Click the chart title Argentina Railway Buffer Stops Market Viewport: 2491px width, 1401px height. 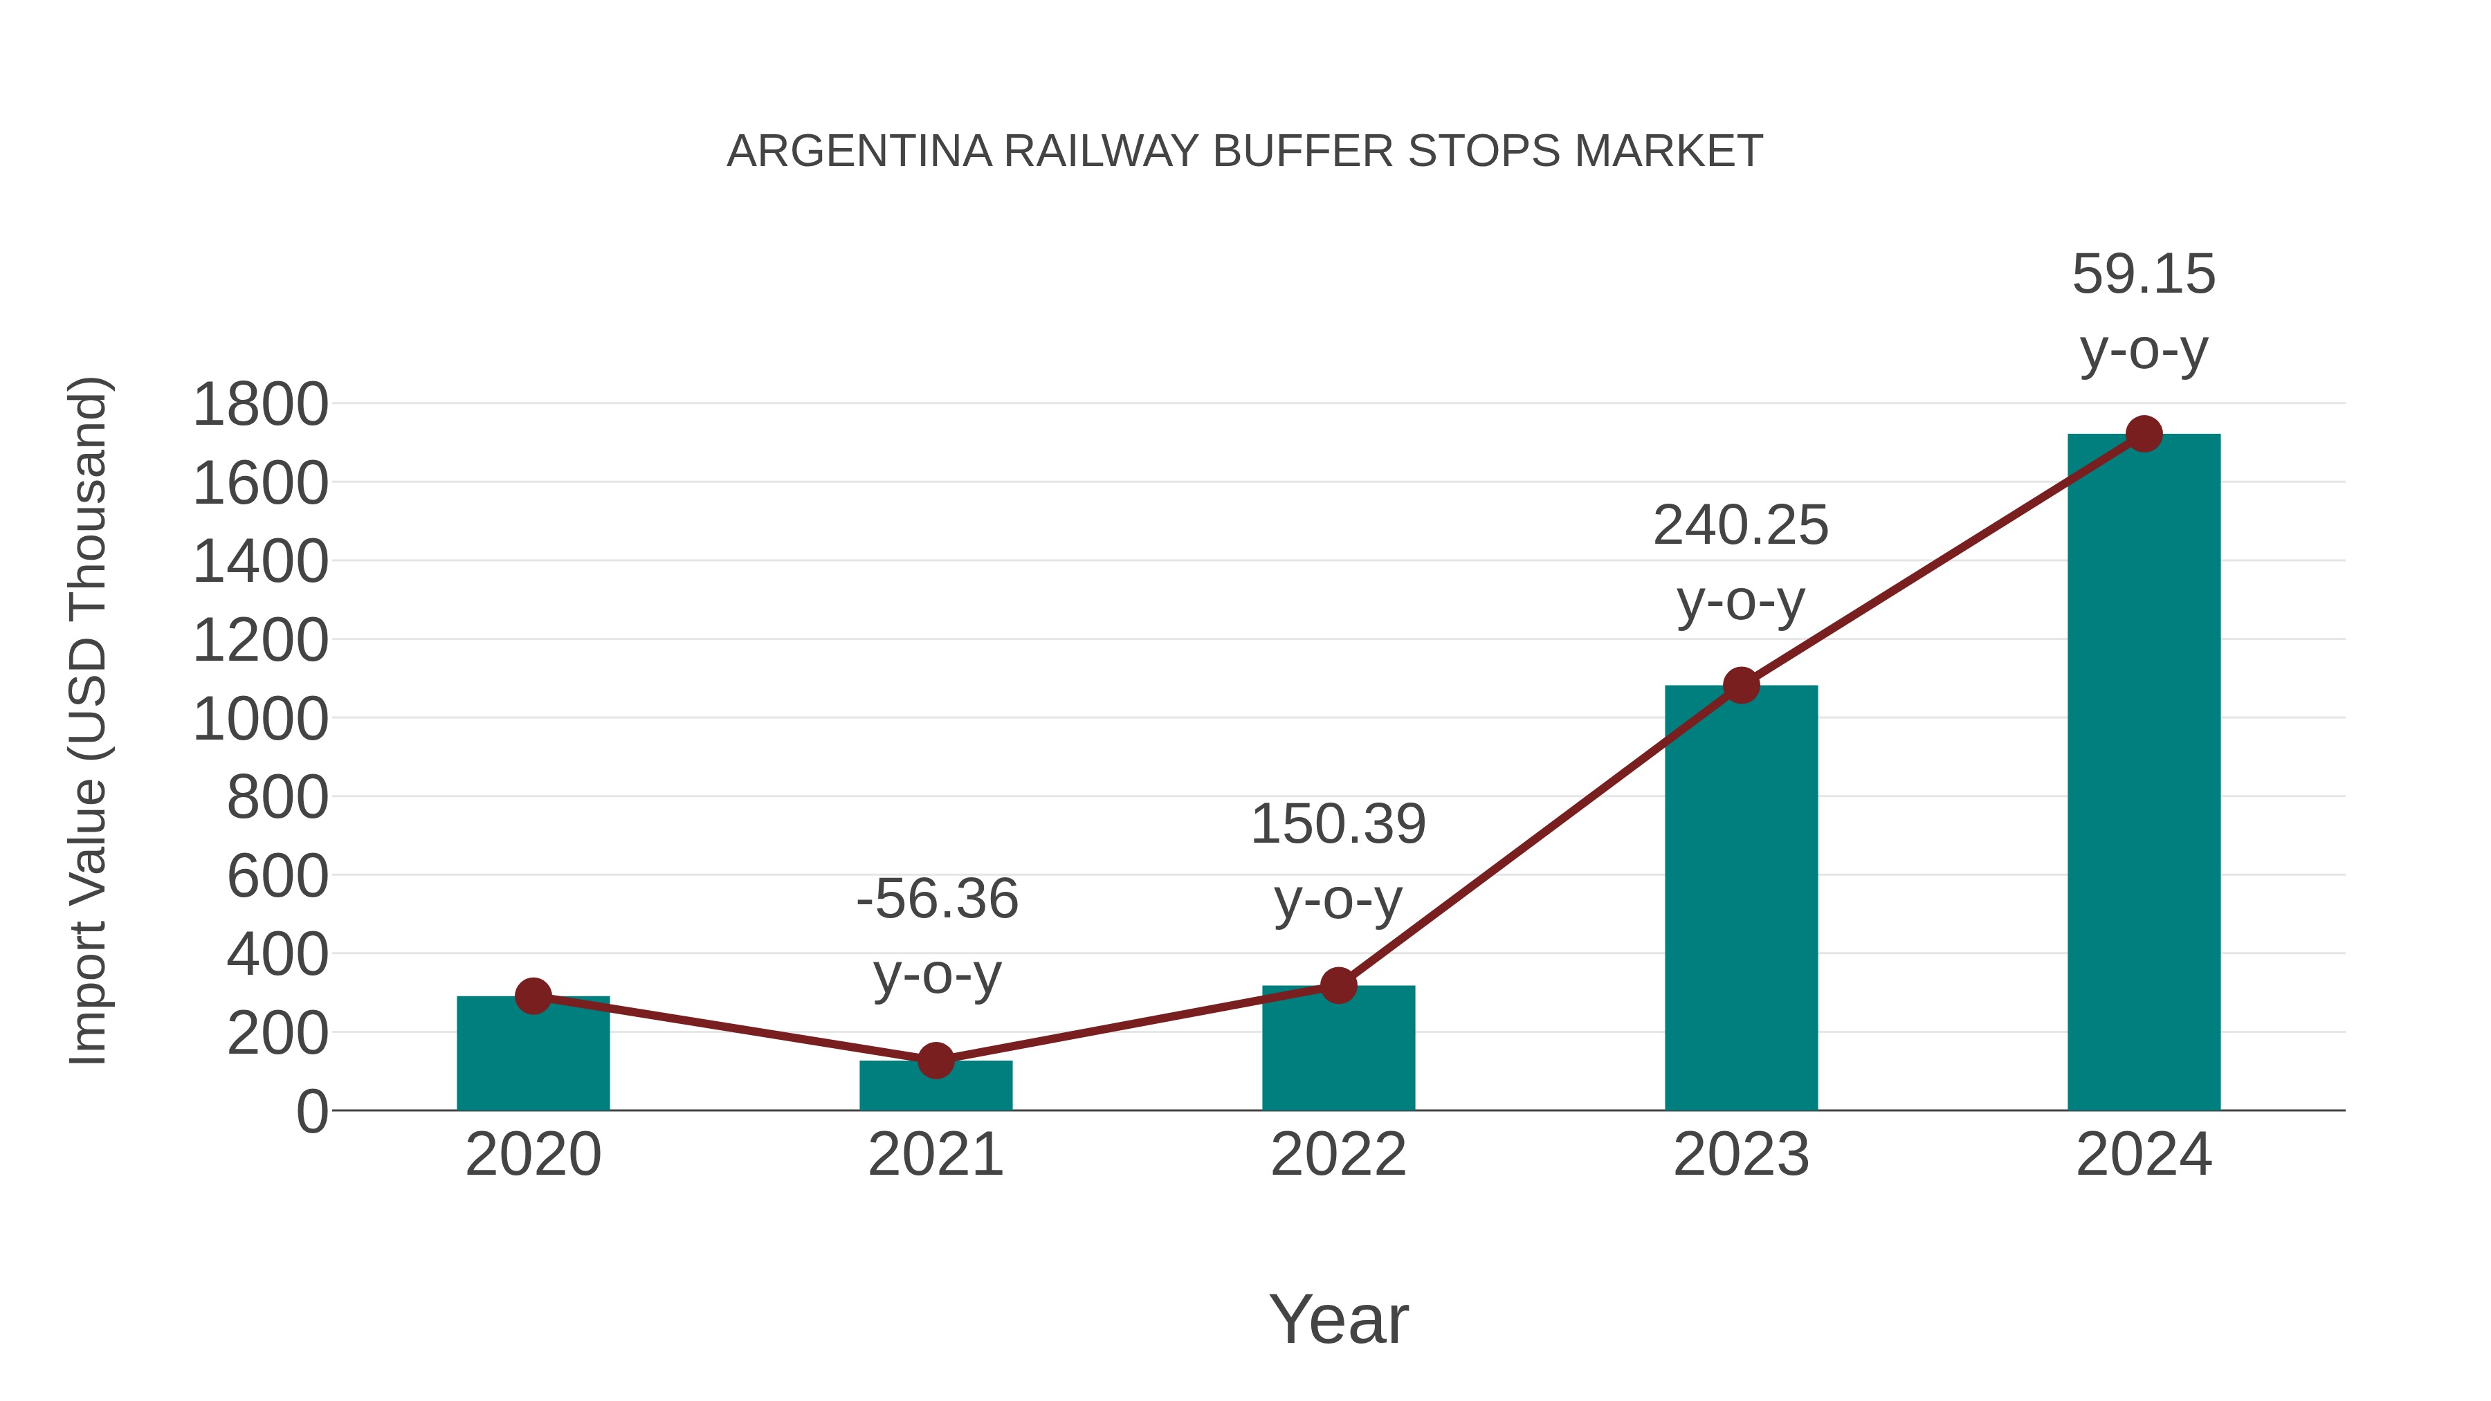pos(1245,151)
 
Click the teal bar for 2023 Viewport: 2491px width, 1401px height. pos(1741,899)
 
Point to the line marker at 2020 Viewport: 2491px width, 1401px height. pos(533,996)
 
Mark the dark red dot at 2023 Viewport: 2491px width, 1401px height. pos(1741,686)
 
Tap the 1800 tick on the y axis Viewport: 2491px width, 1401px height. pos(261,404)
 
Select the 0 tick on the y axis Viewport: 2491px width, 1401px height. pos(312,1111)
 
